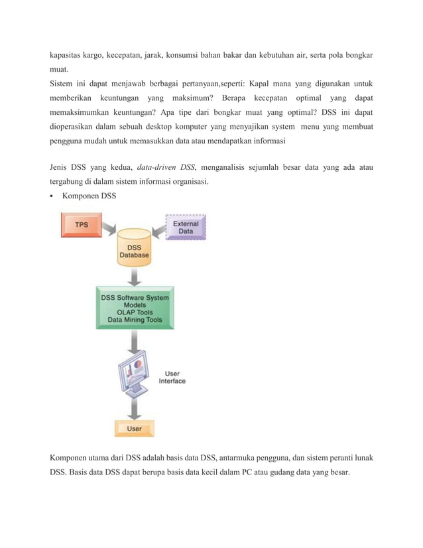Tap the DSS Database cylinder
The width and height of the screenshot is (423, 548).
(x=134, y=249)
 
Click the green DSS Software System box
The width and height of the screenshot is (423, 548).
(x=135, y=308)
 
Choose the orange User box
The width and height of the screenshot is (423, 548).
(x=134, y=429)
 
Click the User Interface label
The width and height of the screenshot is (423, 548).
(x=172, y=377)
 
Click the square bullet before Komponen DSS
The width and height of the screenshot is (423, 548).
(x=52, y=196)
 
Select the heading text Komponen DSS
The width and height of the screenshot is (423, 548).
(x=89, y=196)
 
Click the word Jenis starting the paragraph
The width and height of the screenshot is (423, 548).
(x=60, y=167)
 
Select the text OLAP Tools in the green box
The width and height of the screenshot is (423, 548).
(x=135, y=312)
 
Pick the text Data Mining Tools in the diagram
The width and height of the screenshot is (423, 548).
(x=135, y=320)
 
